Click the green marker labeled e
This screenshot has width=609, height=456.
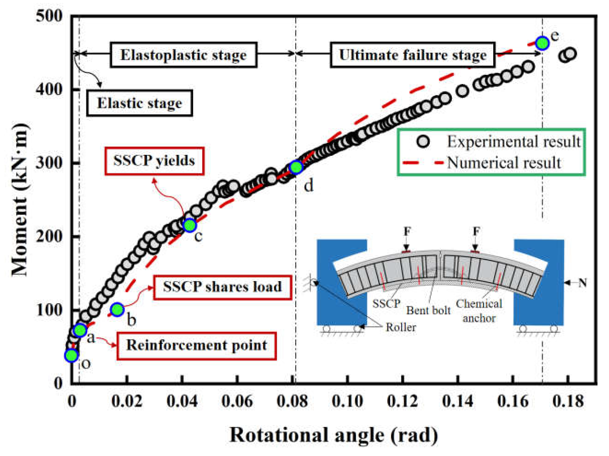[x=542, y=43]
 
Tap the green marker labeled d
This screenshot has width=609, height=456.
[x=296, y=167]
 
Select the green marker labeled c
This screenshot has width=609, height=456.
[x=190, y=225]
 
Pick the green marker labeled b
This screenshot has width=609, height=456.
[x=117, y=309]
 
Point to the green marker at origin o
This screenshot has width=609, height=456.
[x=71, y=355]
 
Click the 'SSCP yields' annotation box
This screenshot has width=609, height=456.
[x=154, y=161]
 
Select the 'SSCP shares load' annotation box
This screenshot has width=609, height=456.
[x=223, y=287]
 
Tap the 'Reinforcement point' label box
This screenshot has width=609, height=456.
[x=197, y=346]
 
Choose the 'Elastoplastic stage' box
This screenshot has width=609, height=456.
[x=184, y=55]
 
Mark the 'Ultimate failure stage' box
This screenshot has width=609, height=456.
[x=413, y=55]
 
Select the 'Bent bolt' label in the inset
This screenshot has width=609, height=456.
[x=428, y=310]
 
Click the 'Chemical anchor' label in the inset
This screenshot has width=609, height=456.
[x=479, y=311]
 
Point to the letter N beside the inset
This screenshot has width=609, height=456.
[x=582, y=282]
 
